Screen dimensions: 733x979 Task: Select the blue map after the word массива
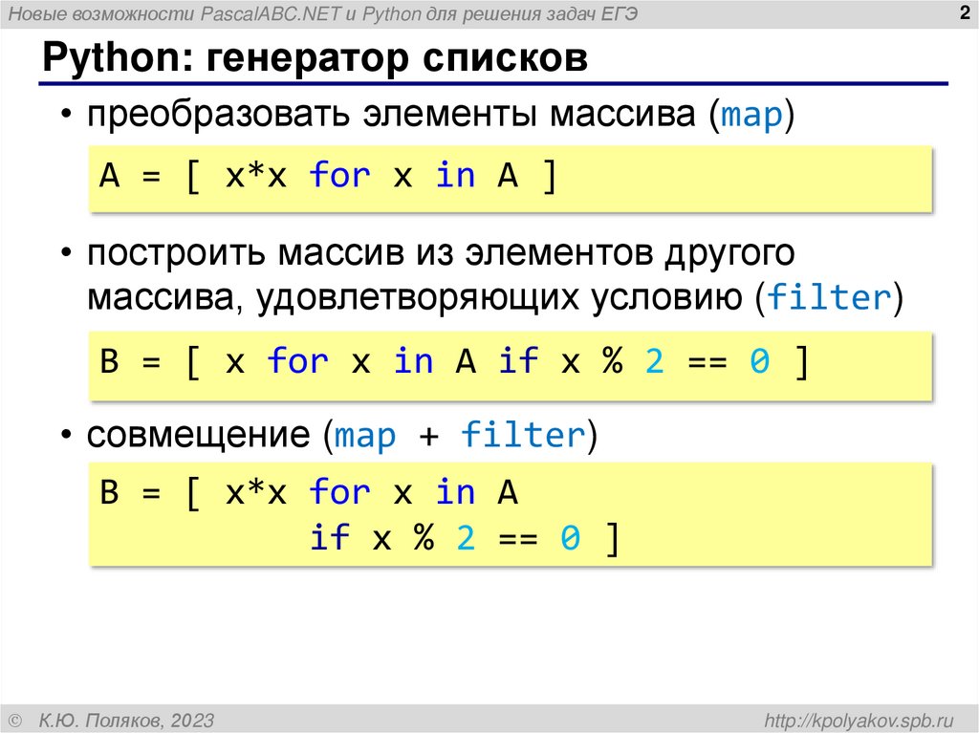click(x=751, y=118)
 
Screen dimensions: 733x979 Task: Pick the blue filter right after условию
click(x=830, y=298)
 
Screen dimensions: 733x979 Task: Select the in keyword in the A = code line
click(x=455, y=177)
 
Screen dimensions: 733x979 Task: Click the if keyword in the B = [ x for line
click(x=518, y=362)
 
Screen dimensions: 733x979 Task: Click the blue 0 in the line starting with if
click(x=570, y=539)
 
